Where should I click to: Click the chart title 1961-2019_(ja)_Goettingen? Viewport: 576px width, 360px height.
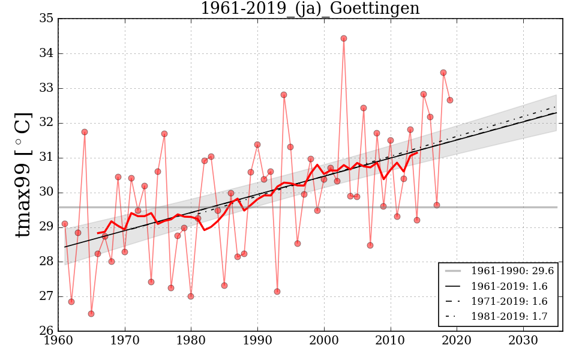coord(310,9)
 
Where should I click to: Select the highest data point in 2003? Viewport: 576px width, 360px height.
coord(344,38)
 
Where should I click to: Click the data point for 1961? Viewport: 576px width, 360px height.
coord(65,224)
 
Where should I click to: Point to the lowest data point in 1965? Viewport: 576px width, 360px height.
coord(91,314)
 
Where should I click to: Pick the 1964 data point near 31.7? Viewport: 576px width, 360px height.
coord(85,132)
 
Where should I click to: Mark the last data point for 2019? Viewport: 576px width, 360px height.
coord(450,100)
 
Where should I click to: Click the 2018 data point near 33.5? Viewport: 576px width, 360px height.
coord(443,73)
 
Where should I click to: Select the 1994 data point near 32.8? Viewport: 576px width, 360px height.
coord(284,95)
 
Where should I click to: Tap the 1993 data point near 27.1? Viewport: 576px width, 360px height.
coord(277,292)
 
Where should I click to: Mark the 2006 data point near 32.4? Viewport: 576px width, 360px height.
coord(364,108)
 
